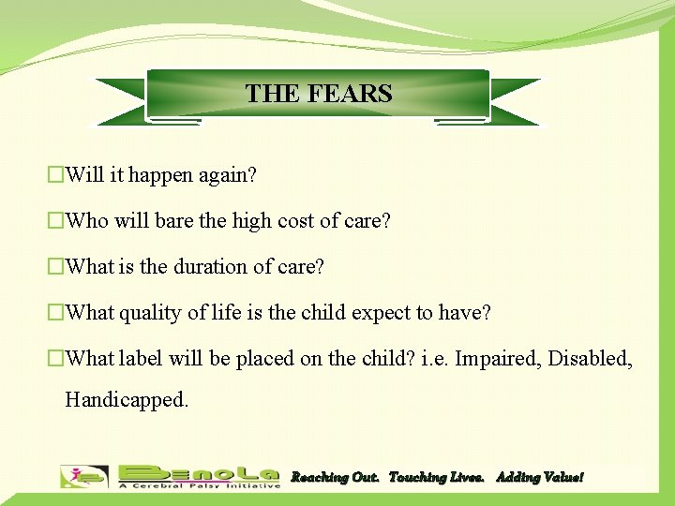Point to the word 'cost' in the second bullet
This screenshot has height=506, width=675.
coord(299,221)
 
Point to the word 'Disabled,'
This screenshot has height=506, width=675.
coord(591,359)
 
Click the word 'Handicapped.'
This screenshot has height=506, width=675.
coord(127,400)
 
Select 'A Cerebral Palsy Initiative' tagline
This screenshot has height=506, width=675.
coord(199,485)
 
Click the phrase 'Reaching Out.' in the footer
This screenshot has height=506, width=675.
coord(335,478)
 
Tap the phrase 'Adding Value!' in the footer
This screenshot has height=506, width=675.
coord(539,478)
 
